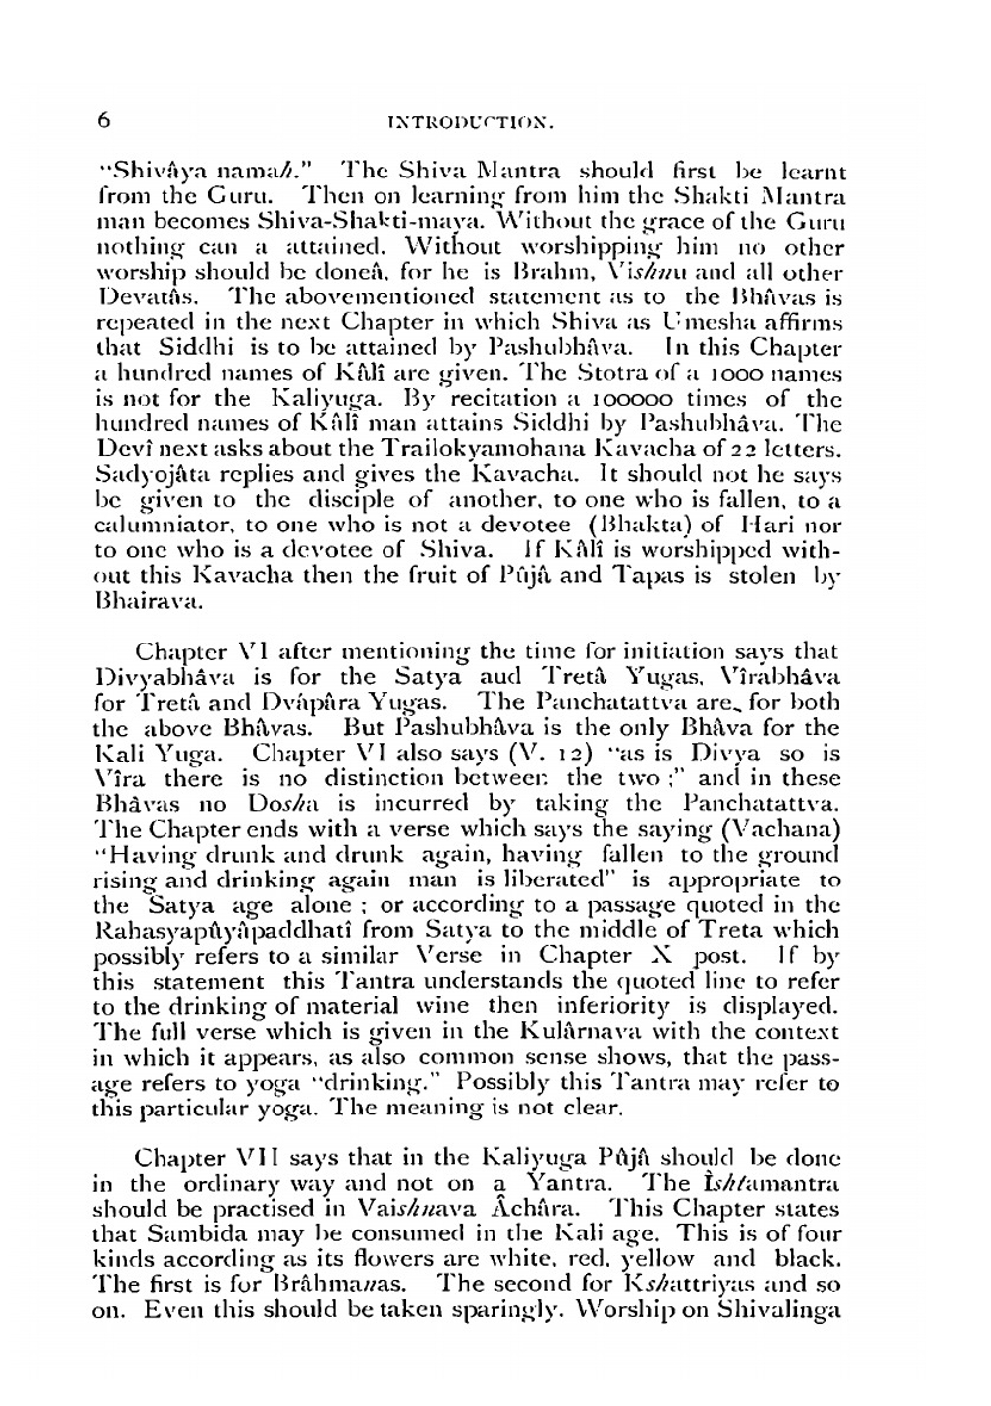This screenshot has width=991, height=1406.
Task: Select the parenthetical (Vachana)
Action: [785, 829]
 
